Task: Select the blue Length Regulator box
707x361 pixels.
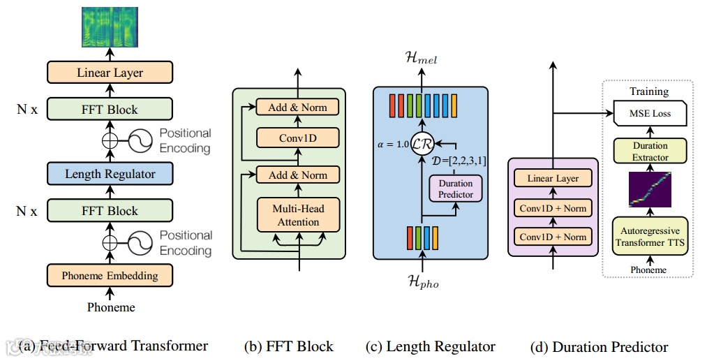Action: coord(110,173)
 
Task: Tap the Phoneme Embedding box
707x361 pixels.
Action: coord(110,275)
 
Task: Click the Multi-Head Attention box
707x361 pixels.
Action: coord(298,215)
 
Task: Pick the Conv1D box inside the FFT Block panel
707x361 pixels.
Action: coord(298,138)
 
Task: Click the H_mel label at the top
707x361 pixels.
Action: coord(421,60)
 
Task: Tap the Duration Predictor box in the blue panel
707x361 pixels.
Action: coord(455,189)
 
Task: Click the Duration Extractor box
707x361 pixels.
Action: coord(650,152)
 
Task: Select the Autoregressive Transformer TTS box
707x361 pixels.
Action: coord(649,237)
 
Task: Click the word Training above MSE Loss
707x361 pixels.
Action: coord(649,91)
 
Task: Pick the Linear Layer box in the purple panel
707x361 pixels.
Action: coord(553,178)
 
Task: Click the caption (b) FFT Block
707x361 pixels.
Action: coord(288,347)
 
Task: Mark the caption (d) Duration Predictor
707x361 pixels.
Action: coord(599,347)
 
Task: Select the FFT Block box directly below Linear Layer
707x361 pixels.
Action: coord(110,110)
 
